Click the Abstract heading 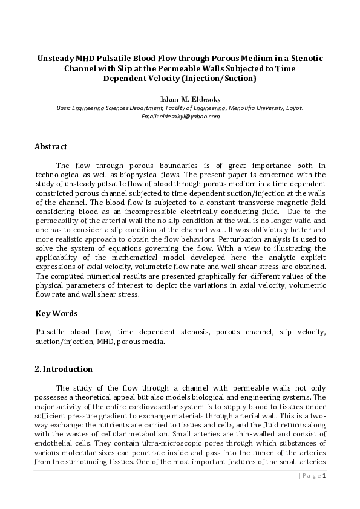51,147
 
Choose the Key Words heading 56,313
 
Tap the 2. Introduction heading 64,369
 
